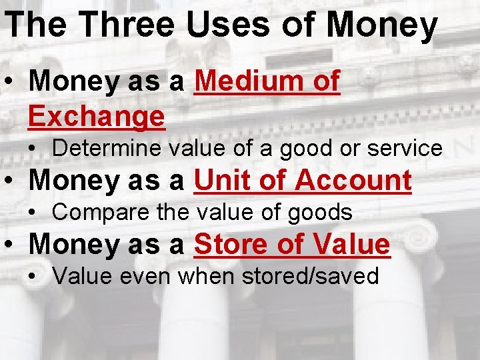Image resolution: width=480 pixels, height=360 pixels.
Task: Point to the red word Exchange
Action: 97,116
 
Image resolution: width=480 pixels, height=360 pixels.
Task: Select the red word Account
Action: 353,180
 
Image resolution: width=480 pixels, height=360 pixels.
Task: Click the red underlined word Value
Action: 348,244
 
